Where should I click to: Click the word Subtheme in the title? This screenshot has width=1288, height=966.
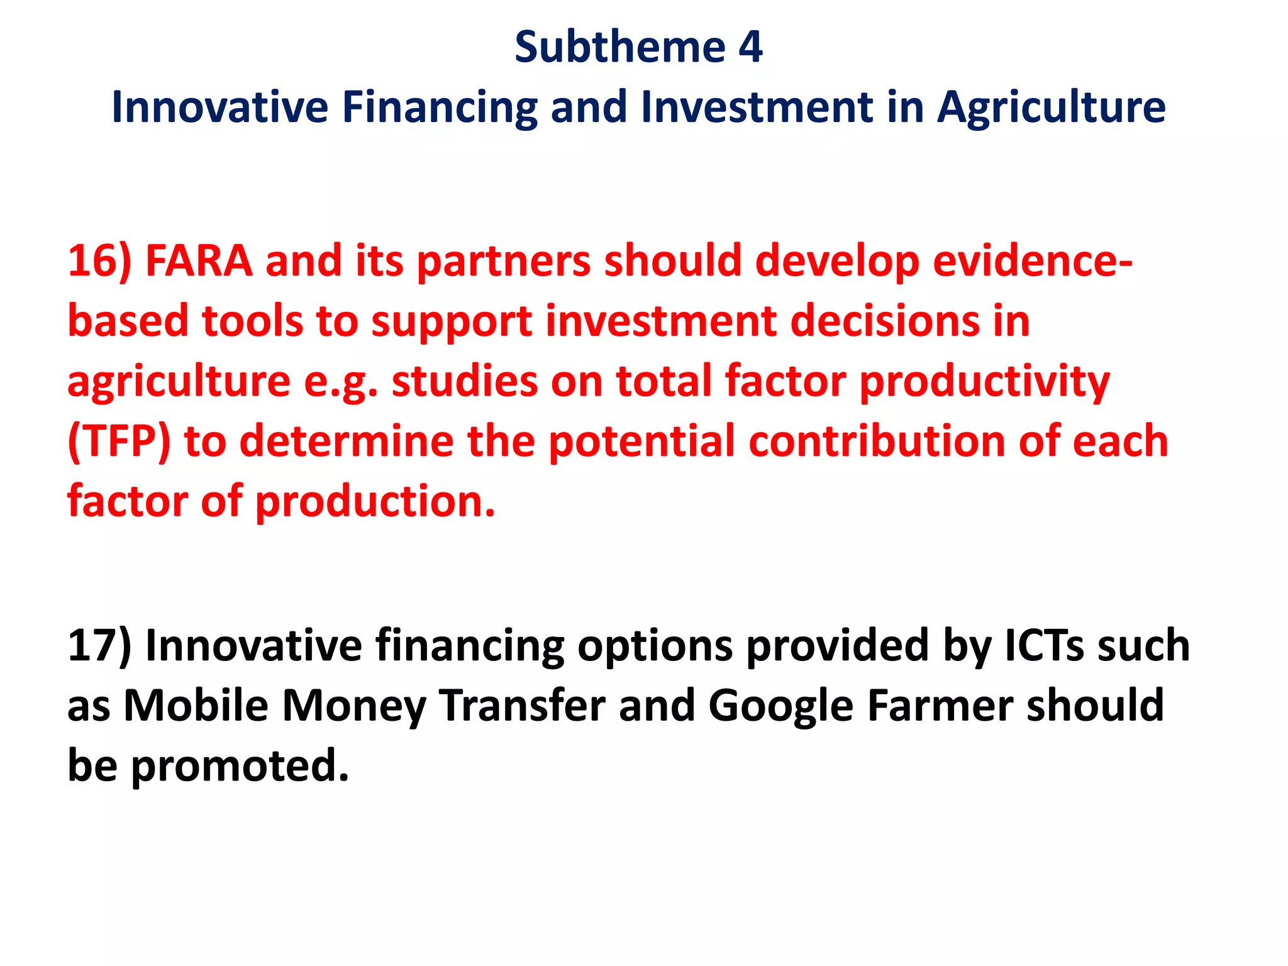(x=620, y=47)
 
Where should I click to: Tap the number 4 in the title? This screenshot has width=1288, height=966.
(x=751, y=47)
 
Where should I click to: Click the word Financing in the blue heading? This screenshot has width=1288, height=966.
(x=440, y=108)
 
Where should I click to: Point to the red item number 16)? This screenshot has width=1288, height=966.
(x=99, y=261)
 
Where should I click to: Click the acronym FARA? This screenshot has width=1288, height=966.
(x=199, y=261)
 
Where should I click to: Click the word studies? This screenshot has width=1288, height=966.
(x=465, y=381)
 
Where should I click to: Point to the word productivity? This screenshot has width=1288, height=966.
(x=984, y=382)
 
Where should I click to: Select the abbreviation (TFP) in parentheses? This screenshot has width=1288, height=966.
(x=119, y=441)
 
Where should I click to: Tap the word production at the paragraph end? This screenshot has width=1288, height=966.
(x=375, y=502)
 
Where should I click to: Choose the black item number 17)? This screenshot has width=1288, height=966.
(x=99, y=645)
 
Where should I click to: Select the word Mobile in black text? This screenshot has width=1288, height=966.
(x=196, y=706)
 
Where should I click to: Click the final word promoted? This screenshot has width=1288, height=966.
(x=239, y=766)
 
